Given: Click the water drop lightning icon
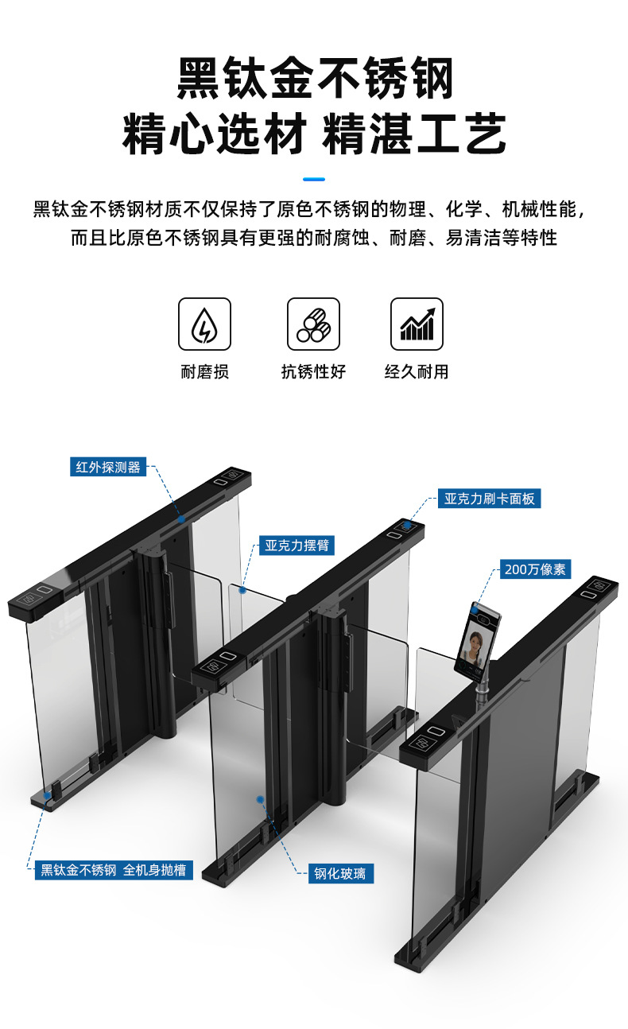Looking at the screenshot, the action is click(x=204, y=324).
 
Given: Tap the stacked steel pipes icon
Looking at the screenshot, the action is click(x=313, y=324).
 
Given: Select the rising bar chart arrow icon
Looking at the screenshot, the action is click(x=417, y=324).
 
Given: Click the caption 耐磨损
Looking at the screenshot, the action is click(x=205, y=371).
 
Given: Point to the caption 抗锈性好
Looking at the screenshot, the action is click(x=313, y=371).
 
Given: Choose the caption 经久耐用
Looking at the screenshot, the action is click(x=417, y=371).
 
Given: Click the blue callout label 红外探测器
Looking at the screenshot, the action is click(x=108, y=467).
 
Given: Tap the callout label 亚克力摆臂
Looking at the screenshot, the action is click(x=297, y=546).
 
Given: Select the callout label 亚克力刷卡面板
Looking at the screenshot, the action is click(x=490, y=499).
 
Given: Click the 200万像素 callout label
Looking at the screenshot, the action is click(x=535, y=569).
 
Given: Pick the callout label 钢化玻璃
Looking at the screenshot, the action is click(x=339, y=873).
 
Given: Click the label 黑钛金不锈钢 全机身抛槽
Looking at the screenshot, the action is click(x=114, y=870).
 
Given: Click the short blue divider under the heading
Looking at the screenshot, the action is click(x=314, y=179).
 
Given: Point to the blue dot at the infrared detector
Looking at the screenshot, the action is click(x=182, y=519).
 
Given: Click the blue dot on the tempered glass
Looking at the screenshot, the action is click(x=260, y=799).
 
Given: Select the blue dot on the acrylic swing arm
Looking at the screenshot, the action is click(x=242, y=591).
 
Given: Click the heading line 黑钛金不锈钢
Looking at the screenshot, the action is click(x=315, y=78).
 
